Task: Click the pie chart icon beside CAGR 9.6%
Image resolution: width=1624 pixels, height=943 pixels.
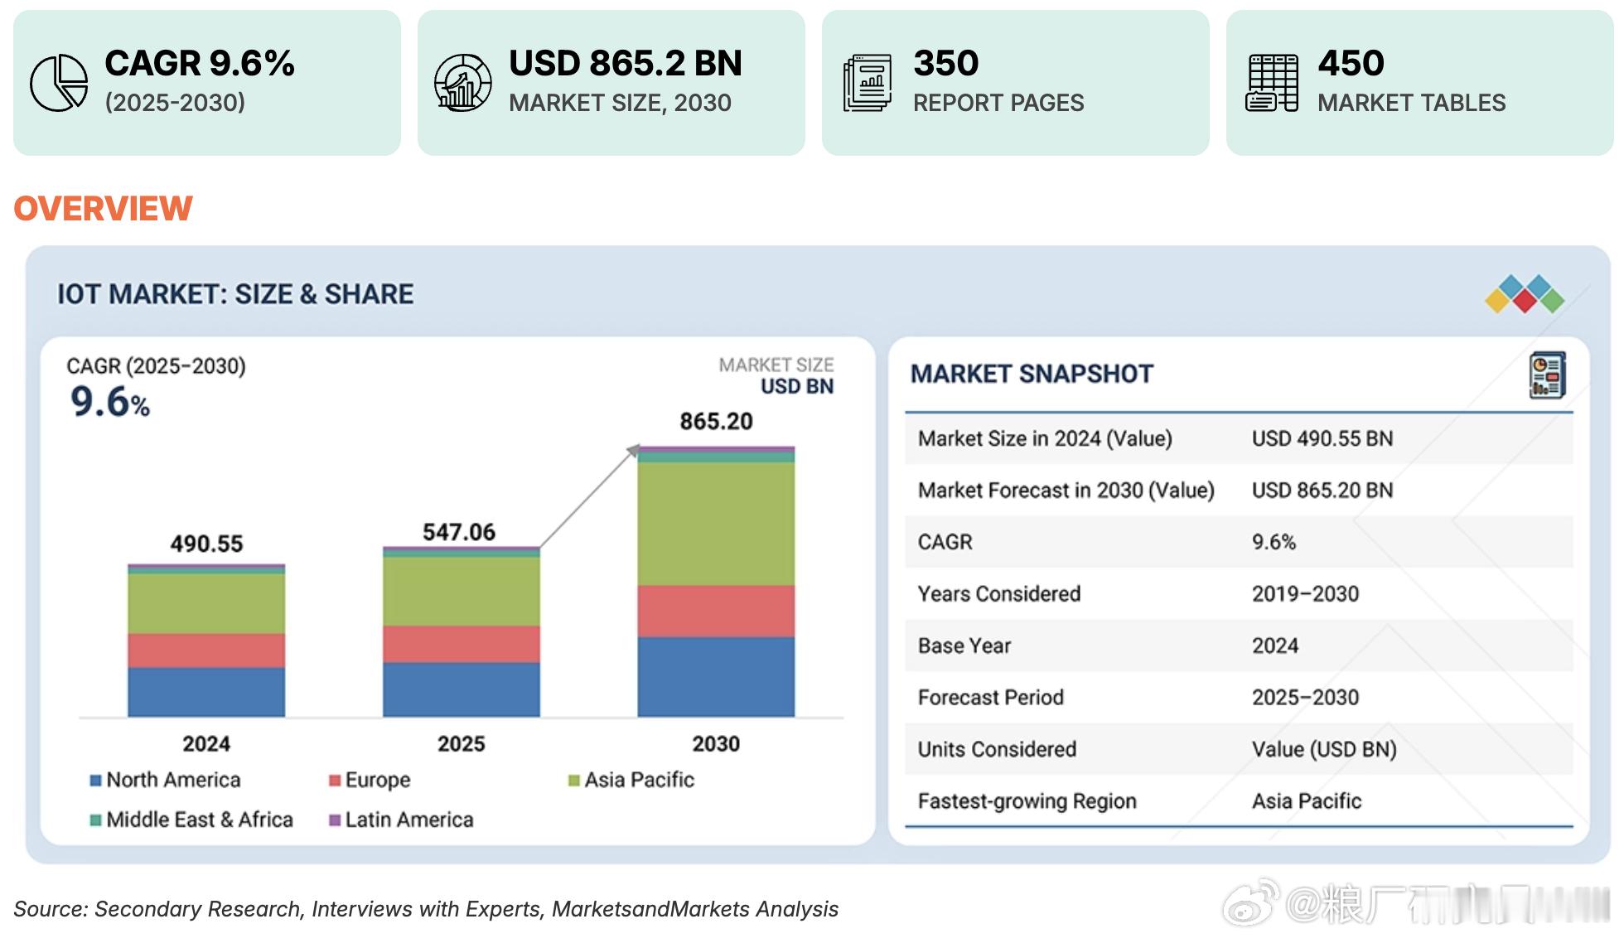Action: pos(59,83)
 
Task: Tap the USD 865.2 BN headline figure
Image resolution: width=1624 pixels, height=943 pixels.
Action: pos(625,64)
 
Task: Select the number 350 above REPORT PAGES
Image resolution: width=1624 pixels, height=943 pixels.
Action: pos(945,64)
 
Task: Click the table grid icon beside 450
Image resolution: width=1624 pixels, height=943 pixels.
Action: pos(1272,83)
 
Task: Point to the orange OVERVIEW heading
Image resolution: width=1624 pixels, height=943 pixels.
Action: pos(104,209)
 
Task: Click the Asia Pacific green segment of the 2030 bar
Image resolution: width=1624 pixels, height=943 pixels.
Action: pos(716,524)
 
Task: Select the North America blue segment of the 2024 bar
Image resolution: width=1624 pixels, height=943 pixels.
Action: pos(206,692)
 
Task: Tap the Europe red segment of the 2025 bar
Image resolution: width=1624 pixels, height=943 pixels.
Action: pos(461,644)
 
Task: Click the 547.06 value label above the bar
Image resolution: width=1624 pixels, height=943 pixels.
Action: pos(459,532)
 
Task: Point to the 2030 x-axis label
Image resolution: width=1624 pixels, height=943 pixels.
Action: pos(716,743)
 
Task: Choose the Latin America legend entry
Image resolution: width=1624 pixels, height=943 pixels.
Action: pos(401,820)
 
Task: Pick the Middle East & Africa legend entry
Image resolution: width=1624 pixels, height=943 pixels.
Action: pos(191,820)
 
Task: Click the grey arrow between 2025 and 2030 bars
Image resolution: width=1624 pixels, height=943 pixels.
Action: pos(588,497)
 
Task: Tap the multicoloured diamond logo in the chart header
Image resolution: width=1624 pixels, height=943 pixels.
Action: pos(1525,294)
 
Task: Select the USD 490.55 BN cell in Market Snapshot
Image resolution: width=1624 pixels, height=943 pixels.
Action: pos(1322,438)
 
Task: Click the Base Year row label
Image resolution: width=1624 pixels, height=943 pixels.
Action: pos(964,646)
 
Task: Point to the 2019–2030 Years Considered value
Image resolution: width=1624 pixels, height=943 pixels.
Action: pos(1305,594)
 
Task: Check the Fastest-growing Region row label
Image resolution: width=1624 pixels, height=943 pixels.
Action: pos(1027,801)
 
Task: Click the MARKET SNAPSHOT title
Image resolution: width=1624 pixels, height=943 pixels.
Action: pos(1032,374)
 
